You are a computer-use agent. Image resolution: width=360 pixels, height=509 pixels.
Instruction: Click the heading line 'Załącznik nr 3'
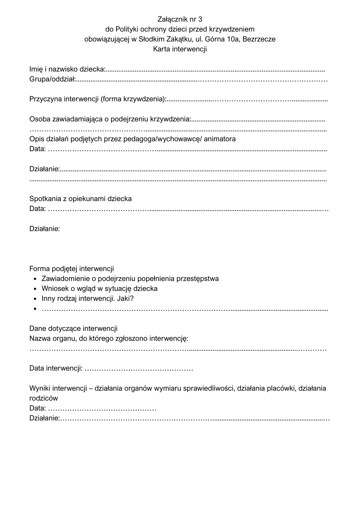click(x=180, y=19)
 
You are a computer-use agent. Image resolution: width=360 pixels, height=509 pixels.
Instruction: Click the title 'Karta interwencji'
click(x=180, y=49)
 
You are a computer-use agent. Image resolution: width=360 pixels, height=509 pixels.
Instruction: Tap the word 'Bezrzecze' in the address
click(x=259, y=39)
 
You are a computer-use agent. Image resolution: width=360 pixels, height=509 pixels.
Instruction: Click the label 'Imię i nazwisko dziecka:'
click(x=67, y=69)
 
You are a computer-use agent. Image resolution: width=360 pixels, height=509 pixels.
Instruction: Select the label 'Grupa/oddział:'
click(x=52, y=79)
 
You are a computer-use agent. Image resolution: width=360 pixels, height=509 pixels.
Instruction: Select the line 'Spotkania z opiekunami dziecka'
click(x=80, y=199)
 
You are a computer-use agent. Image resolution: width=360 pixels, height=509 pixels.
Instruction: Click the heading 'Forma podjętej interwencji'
click(x=72, y=269)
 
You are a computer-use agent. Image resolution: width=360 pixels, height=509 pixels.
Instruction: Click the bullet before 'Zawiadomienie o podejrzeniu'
click(x=35, y=279)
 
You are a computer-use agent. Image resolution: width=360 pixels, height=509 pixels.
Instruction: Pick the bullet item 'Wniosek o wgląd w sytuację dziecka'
click(x=100, y=289)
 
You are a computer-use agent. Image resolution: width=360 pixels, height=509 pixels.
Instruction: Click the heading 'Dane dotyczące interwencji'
click(x=73, y=329)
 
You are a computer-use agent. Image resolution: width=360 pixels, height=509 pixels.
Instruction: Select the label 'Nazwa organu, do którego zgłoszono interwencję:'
click(x=109, y=339)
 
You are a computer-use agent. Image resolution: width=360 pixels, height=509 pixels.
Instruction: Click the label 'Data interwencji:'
click(x=56, y=369)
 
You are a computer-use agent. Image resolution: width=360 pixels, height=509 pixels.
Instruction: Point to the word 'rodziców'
click(x=44, y=398)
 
